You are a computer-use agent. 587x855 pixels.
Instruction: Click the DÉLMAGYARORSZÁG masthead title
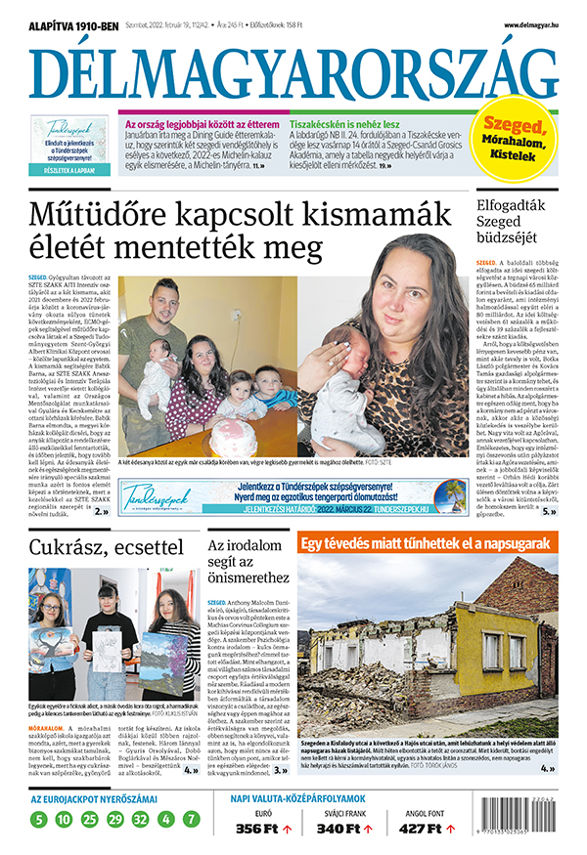click(293, 72)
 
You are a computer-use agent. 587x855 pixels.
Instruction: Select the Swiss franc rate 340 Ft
click(339, 829)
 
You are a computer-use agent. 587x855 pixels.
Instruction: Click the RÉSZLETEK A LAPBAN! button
click(69, 170)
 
